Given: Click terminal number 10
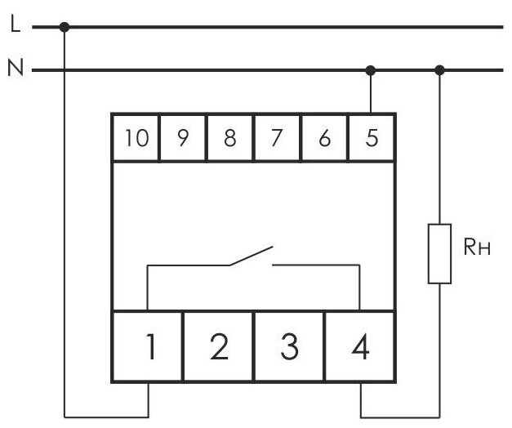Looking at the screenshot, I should [x=136, y=138].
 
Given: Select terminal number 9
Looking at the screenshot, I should [x=183, y=138].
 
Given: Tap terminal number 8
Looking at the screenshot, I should [x=229, y=138].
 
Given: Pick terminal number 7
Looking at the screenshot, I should [x=277, y=138].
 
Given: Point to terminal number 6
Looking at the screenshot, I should [x=324, y=138].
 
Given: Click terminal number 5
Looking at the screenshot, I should [x=372, y=138].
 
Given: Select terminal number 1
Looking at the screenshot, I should [x=148, y=347].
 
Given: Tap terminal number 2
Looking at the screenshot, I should [x=218, y=347].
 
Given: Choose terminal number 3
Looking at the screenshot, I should [x=289, y=347].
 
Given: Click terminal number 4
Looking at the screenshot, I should [x=360, y=347].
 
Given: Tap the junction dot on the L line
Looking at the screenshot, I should [x=65, y=27].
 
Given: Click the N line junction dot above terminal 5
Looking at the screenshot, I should [x=372, y=70].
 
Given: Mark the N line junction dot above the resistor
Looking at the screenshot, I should [x=440, y=70].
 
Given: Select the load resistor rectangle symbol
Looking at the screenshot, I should [x=440, y=252].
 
